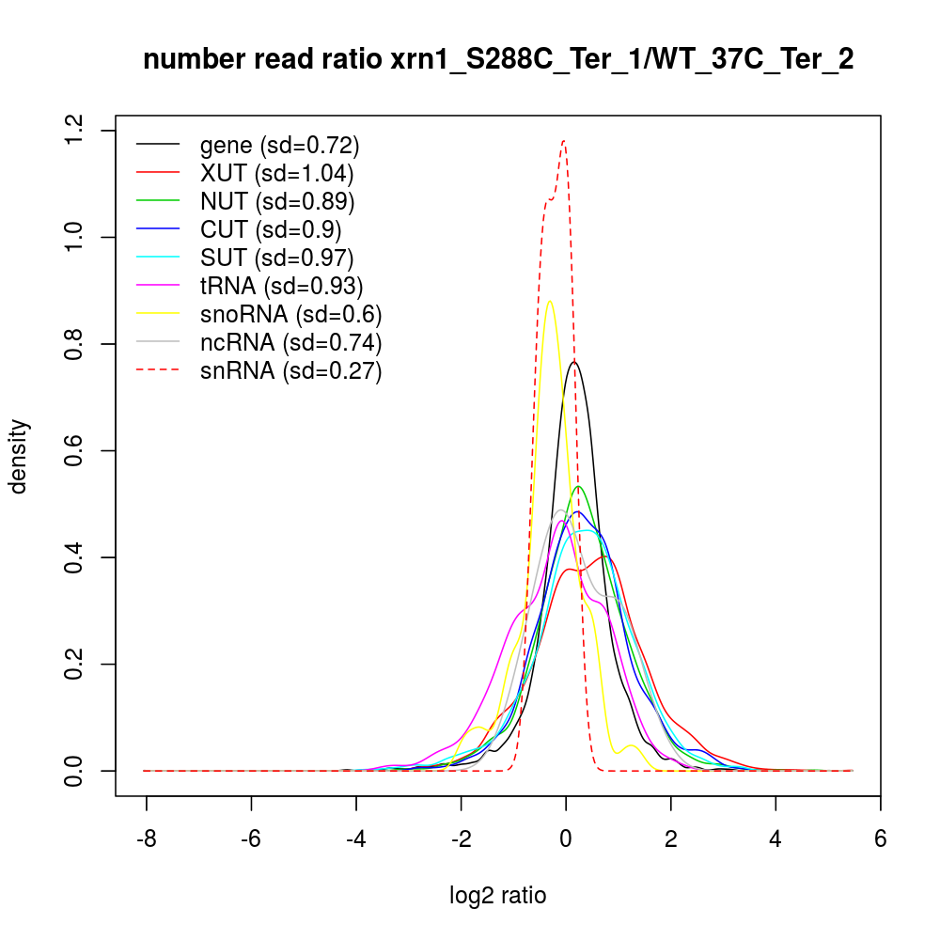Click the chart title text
[498, 60]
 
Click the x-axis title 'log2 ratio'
[498, 896]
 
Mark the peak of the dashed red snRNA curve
[563, 141]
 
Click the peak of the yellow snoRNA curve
[549, 302]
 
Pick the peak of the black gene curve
[574, 361]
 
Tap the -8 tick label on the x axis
[147, 839]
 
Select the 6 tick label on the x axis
[880, 839]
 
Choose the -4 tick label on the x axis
[355, 839]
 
